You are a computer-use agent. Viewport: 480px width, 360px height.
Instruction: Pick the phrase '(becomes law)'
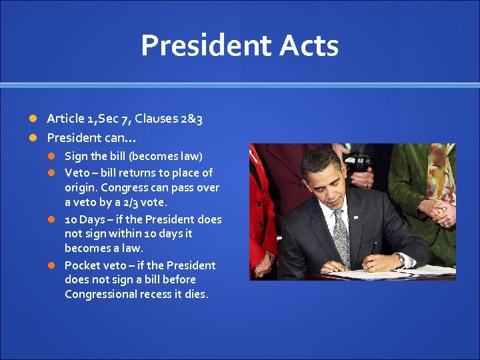[165, 157]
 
